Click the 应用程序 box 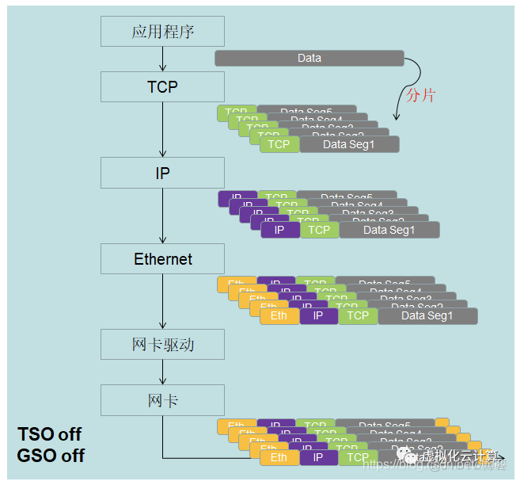tap(162, 32)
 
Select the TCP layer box tap(162, 86)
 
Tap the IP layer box tap(162, 173)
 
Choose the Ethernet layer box tap(162, 259)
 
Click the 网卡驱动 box tap(162, 345)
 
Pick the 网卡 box tap(162, 400)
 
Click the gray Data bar tap(309, 58)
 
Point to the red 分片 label tap(420, 96)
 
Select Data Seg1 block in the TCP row tap(349, 144)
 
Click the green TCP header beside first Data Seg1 tap(279, 144)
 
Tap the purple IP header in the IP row tap(279, 230)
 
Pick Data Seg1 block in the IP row tap(389, 230)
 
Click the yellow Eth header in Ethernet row tap(279, 315)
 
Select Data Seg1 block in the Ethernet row tap(427, 315)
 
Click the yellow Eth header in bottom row tap(279, 457)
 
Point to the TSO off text tap(49, 434)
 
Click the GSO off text tap(51, 456)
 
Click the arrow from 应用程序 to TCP tap(162, 59)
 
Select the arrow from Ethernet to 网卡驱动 tap(162, 301)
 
